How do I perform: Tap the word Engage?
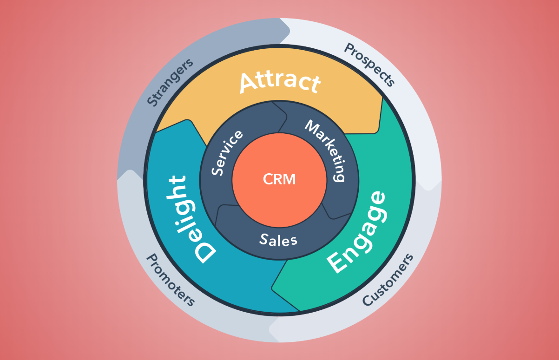pos(357,232)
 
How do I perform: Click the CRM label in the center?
pos(279,179)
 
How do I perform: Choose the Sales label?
pos(278,240)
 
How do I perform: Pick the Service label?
pos(227,153)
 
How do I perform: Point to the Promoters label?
pos(171,280)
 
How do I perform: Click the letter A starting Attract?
pos(250,83)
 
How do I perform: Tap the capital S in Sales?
pos(263,240)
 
